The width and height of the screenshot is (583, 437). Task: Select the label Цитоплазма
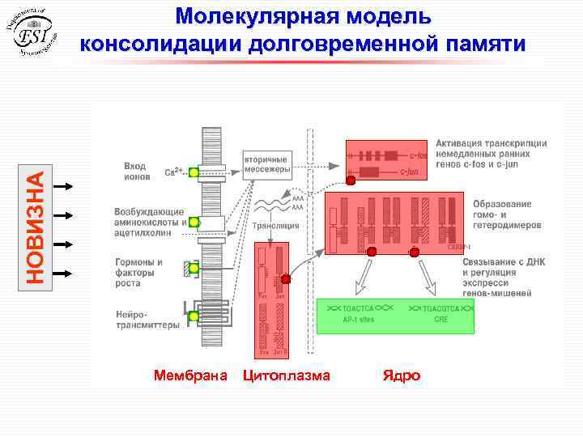pos(287,375)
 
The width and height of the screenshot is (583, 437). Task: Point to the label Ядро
pos(402,375)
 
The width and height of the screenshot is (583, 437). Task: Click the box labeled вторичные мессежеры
pos(266,165)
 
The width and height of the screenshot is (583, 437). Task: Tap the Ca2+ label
pos(174,172)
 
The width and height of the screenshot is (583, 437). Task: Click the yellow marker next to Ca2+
pos(194,172)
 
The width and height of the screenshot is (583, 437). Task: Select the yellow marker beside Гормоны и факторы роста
pos(194,269)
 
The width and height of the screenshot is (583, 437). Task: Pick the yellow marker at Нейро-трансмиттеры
pos(194,316)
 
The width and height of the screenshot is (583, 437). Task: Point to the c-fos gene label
pos(419,154)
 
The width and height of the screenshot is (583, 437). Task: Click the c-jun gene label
pos(410,172)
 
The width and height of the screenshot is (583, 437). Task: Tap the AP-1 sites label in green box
pos(358,320)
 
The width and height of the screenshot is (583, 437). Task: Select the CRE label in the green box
pos(440,320)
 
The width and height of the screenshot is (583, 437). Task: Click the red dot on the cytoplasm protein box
pos(285,279)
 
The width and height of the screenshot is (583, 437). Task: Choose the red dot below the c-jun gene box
pos(351,180)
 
